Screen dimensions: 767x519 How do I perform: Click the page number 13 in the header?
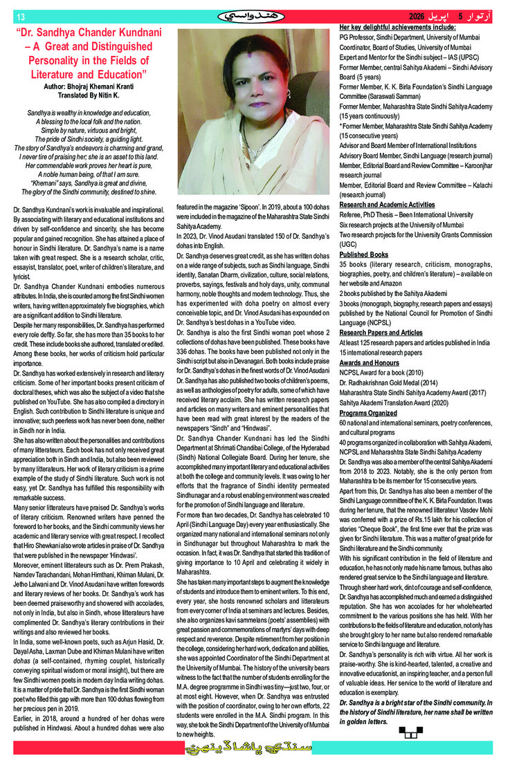point(20,17)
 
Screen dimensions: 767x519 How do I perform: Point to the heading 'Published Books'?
point(364,255)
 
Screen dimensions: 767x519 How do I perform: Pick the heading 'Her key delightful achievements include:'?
point(397,26)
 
